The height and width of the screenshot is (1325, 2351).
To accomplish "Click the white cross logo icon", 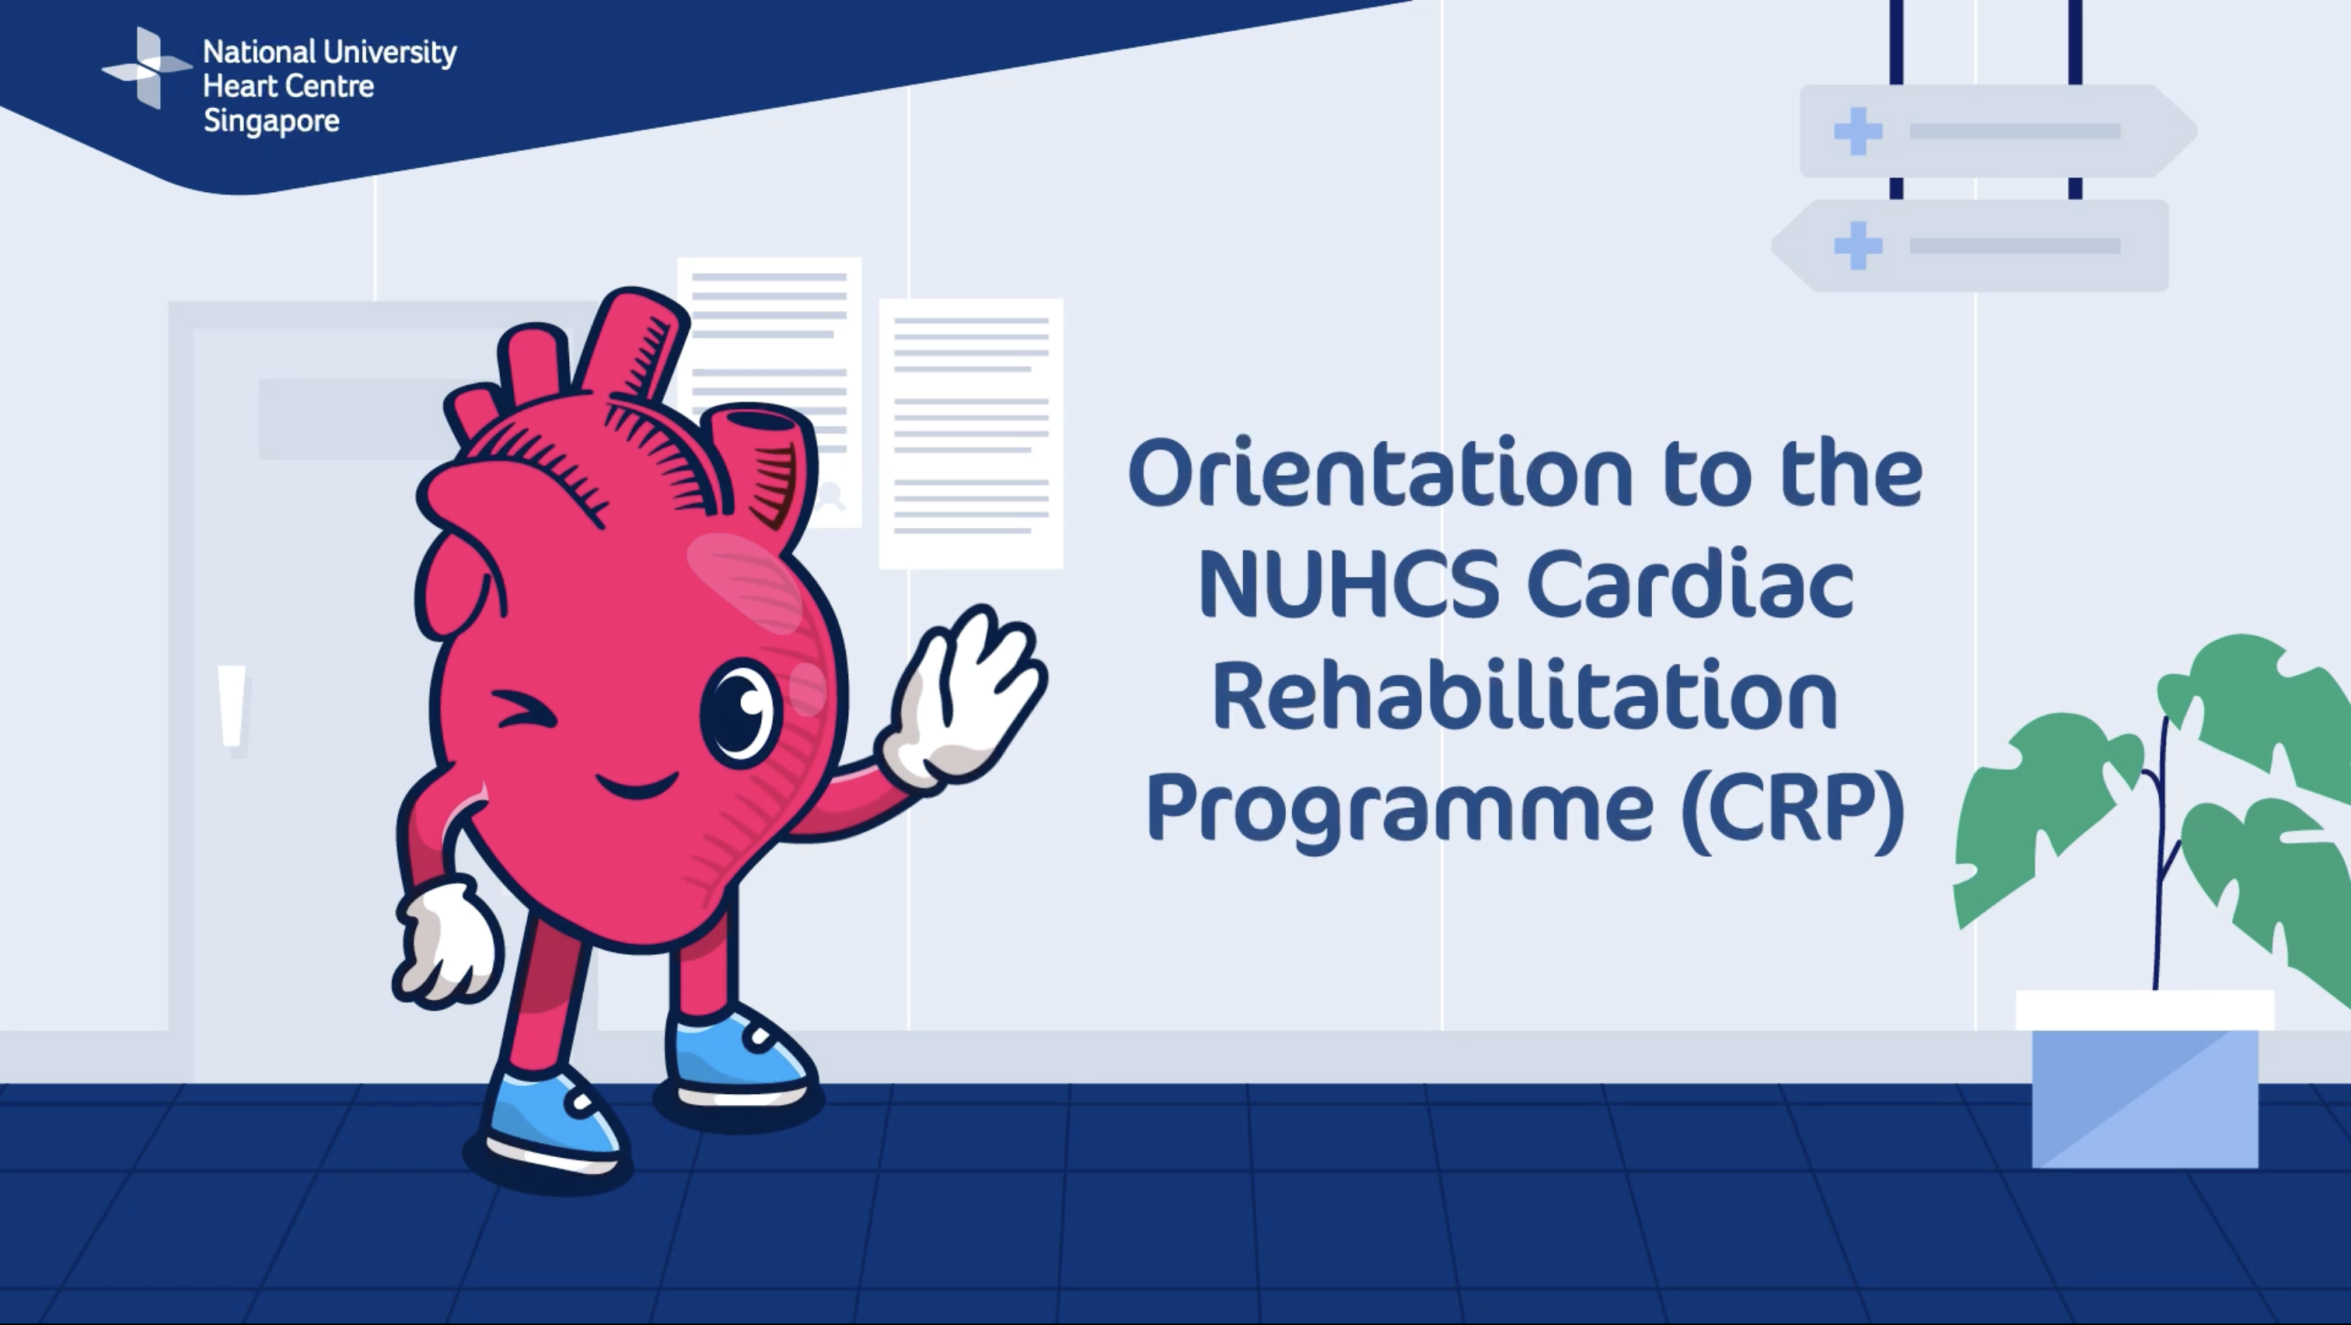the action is [147, 68].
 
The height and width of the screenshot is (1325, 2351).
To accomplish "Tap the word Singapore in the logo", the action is [271, 121].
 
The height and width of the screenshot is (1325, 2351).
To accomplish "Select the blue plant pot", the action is [2145, 1080].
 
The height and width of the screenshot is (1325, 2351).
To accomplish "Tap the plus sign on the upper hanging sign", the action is [1858, 131].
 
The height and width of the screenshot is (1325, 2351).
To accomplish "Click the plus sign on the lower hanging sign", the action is [1858, 246].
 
